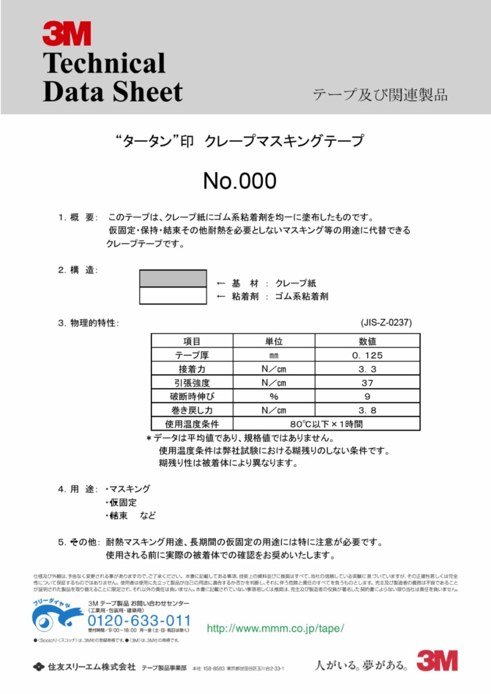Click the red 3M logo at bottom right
coord(437,660)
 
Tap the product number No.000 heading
coord(240,181)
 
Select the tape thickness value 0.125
coord(367,355)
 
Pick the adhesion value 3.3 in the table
coord(367,369)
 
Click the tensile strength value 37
coord(367,383)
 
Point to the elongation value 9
coord(367,396)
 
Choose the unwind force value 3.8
coord(367,410)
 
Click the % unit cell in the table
coord(274,396)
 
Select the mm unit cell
coord(274,355)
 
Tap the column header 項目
coord(191,341)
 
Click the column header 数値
coord(367,341)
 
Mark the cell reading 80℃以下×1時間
coord(326,424)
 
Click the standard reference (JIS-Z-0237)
coord(386,323)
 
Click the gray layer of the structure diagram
coord(173,278)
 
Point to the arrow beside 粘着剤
coord(221,296)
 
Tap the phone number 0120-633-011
coord(139,620)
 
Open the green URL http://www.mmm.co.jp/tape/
coord(275,628)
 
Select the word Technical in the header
coord(104,63)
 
